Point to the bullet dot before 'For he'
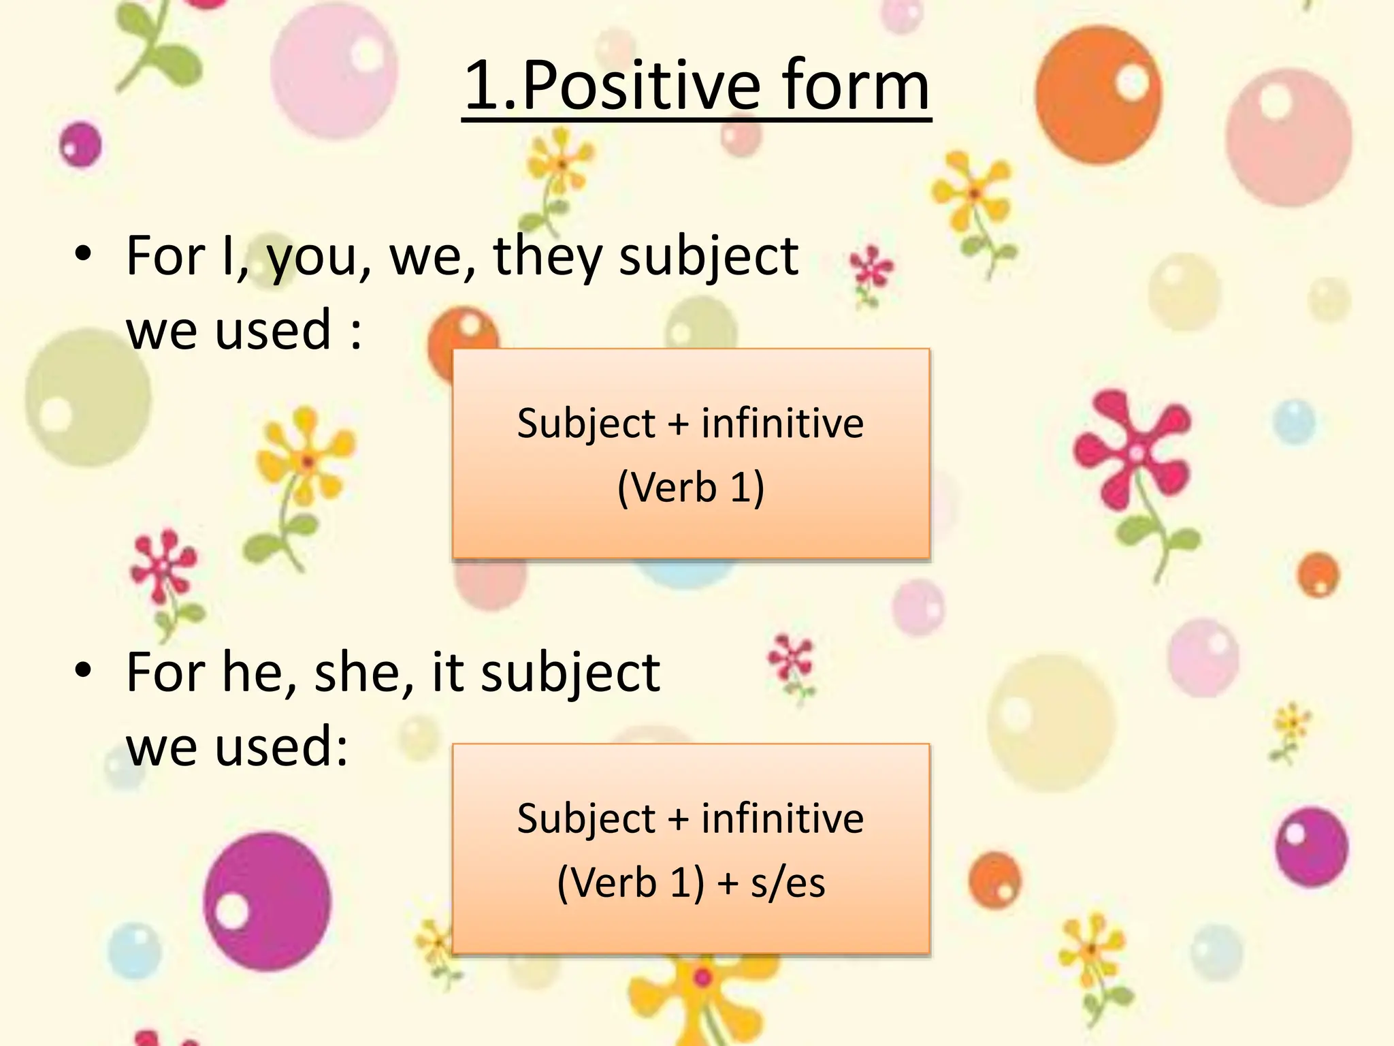(83, 670)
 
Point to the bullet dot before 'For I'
(83, 253)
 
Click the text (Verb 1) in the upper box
(691, 488)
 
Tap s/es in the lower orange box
(788, 883)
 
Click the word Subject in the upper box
(585, 424)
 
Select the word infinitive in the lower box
(783, 819)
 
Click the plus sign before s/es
(728, 884)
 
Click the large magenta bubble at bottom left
(267, 900)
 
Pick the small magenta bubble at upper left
(80, 144)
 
